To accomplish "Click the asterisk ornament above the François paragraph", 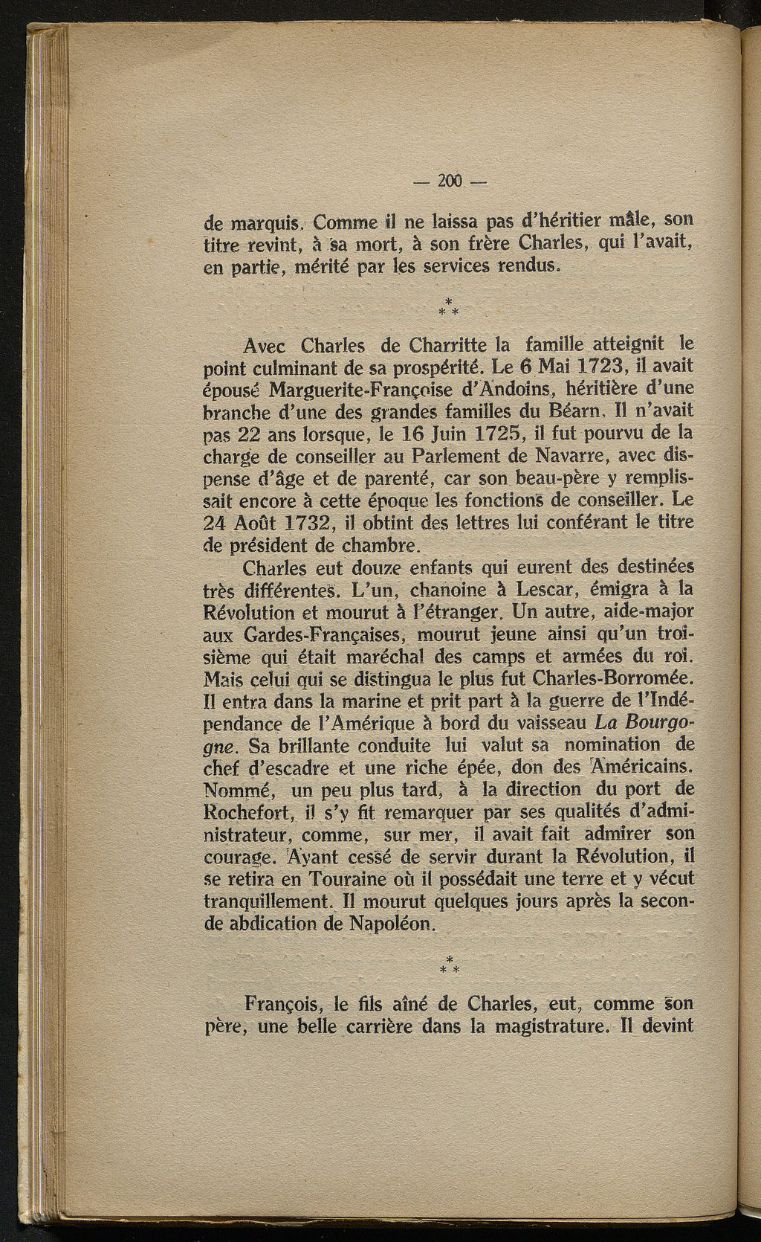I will [450, 965].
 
